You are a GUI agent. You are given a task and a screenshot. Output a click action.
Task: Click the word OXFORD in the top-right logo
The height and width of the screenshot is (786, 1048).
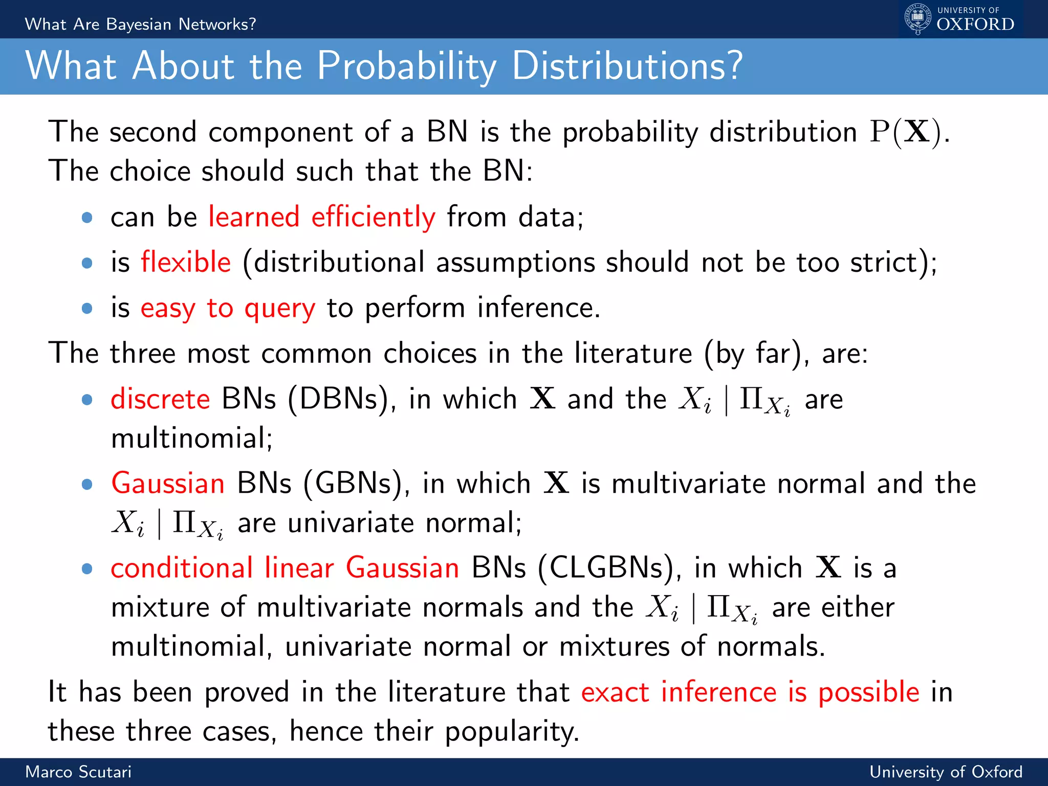pyautogui.click(x=975, y=25)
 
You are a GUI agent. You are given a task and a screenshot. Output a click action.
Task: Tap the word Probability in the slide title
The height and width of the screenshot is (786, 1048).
pyautogui.click(x=407, y=66)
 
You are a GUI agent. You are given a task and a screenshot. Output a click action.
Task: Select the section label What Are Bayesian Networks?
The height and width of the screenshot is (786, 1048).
pyautogui.click(x=140, y=24)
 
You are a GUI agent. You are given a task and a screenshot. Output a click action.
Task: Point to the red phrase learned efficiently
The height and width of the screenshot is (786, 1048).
pyautogui.click(x=322, y=217)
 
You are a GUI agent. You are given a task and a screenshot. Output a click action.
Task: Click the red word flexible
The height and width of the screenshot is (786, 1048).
pyautogui.click(x=186, y=263)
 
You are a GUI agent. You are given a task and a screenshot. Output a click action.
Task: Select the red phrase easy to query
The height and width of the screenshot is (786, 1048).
pyautogui.click(x=228, y=308)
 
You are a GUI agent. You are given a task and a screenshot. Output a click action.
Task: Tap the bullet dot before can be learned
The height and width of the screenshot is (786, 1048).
pyautogui.click(x=87, y=217)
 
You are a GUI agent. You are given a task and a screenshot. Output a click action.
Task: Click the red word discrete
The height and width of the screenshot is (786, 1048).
pyautogui.click(x=160, y=399)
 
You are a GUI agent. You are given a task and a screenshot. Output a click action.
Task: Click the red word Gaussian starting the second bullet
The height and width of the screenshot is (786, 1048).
pyautogui.click(x=168, y=484)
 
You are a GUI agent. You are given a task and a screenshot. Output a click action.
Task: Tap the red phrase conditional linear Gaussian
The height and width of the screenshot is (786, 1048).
pyautogui.click(x=285, y=568)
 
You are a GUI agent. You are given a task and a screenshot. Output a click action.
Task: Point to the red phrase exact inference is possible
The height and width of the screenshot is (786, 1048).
pyautogui.click(x=750, y=692)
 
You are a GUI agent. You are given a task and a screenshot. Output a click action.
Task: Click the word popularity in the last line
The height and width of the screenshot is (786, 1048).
pyautogui.click(x=511, y=732)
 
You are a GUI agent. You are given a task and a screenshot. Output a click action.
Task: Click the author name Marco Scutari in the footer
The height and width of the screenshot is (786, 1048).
pyautogui.click(x=78, y=772)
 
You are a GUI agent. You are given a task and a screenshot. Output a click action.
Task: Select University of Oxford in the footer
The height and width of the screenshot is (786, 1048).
pyautogui.click(x=946, y=772)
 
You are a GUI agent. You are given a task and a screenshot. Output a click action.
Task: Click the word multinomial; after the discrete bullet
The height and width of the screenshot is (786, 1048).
pyautogui.click(x=192, y=439)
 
